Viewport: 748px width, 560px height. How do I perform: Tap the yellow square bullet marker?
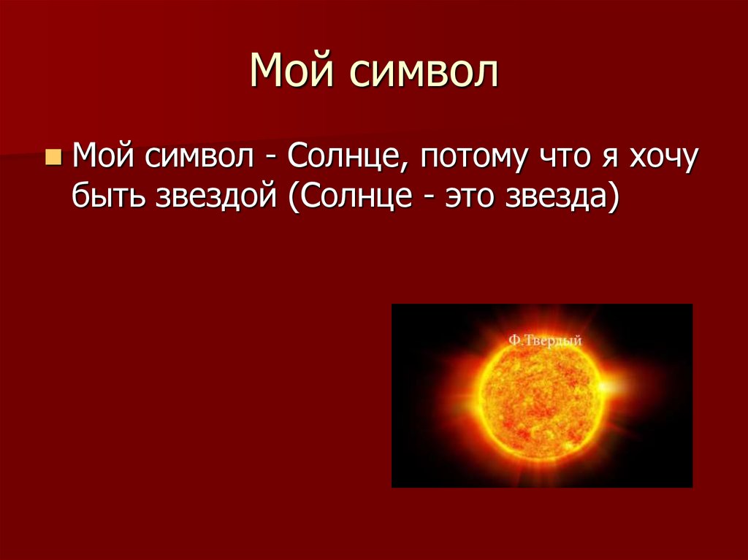[53, 158]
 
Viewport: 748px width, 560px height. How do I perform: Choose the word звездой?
[214, 199]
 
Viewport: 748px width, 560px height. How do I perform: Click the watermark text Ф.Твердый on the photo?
[545, 340]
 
